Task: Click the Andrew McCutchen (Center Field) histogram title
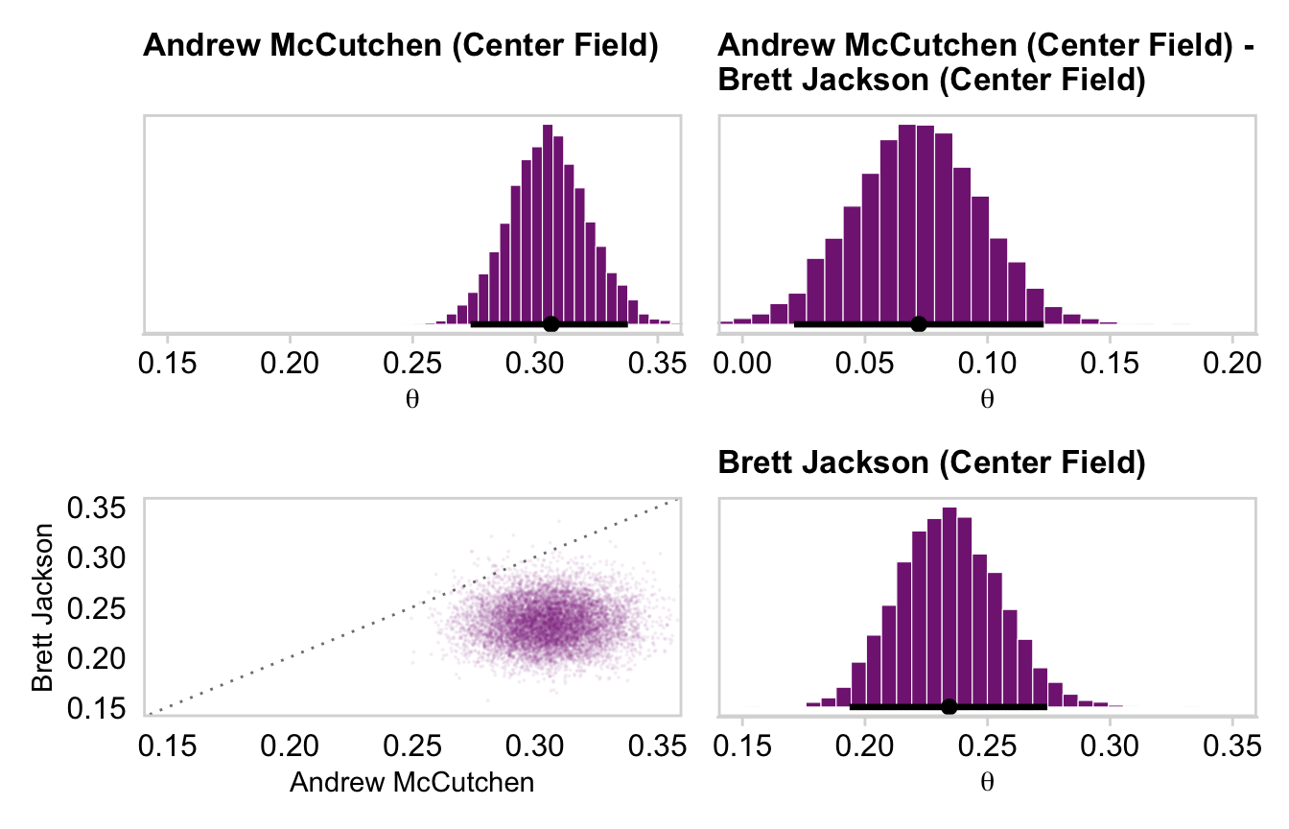(x=400, y=46)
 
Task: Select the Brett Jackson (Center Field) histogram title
(x=932, y=463)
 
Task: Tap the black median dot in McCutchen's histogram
(x=551, y=324)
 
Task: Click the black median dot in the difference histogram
(x=919, y=324)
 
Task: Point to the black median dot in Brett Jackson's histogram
(x=949, y=707)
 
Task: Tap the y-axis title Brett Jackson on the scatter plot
(x=42, y=606)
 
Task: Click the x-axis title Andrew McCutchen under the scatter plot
(x=411, y=783)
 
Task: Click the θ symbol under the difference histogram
(x=987, y=397)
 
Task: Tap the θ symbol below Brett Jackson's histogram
(x=987, y=781)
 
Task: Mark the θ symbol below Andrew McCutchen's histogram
(x=412, y=397)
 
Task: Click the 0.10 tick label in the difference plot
(x=987, y=365)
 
